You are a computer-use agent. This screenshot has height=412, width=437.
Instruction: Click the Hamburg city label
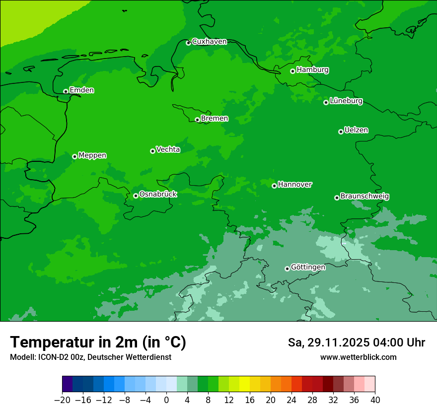(x=312, y=70)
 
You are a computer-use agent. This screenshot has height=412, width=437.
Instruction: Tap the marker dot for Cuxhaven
(x=188, y=43)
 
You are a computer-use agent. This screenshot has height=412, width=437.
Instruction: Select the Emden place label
(x=81, y=90)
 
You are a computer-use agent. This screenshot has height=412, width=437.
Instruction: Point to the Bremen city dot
(x=197, y=120)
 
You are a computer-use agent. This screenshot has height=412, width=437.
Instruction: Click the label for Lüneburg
(x=346, y=101)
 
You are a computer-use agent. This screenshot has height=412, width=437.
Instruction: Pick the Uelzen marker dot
(x=341, y=132)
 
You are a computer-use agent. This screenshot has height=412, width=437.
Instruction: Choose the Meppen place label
(x=92, y=155)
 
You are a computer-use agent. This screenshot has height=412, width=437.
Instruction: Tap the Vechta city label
(x=168, y=149)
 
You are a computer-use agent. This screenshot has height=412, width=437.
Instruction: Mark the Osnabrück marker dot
(x=136, y=196)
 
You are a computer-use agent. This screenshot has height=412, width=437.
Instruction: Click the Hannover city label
(x=294, y=185)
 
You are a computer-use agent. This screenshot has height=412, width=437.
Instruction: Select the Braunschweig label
(x=364, y=197)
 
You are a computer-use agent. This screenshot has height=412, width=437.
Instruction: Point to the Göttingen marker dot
(x=287, y=269)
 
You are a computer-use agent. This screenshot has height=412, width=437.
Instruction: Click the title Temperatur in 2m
(x=98, y=343)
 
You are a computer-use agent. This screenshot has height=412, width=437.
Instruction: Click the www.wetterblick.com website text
(x=358, y=357)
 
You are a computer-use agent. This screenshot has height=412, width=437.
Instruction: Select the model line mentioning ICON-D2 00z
(x=90, y=357)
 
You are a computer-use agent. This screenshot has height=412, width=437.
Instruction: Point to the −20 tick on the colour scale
(x=62, y=400)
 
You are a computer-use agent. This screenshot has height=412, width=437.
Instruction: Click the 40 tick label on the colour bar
(x=375, y=400)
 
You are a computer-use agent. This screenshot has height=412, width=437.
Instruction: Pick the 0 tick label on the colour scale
(x=166, y=400)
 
